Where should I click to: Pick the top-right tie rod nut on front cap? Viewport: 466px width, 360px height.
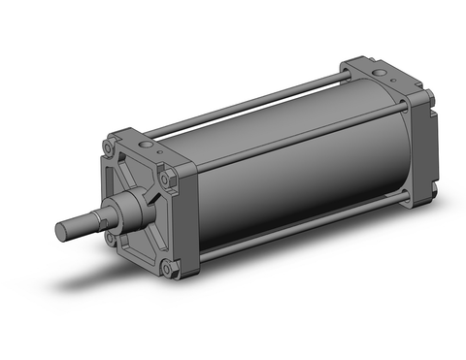pyautogui.click(x=171, y=179)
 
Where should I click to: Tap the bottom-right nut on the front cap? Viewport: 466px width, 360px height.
pyautogui.click(x=171, y=264)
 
